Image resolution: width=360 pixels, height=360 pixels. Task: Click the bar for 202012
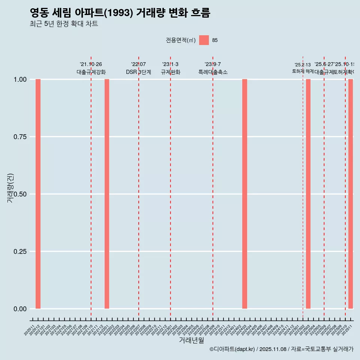[x=38, y=194]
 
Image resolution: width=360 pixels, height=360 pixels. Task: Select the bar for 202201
[x=107, y=194]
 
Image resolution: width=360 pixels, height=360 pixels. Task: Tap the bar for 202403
[x=244, y=194]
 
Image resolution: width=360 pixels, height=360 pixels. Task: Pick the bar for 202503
[x=308, y=194]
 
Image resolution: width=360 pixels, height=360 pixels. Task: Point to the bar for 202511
[x=351, y=194]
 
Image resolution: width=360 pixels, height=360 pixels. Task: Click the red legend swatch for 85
[x=204, y=40]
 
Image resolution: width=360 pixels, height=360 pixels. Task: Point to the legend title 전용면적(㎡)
[x=181, y=40]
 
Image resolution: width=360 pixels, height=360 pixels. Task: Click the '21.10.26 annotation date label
[x=91, y=64]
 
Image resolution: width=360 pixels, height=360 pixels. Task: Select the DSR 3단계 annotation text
[x=138, y=72]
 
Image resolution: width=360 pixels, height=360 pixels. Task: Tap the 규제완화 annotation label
[x=171, y=72]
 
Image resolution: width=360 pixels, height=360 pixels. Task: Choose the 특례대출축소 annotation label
[x=213, y=72]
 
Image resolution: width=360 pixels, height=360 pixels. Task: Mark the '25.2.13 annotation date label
[x=303, y=65]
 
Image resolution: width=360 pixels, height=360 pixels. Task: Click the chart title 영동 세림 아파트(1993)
[x=120, y=13]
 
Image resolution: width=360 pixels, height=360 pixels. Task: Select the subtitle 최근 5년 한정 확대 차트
[x=64, y=24]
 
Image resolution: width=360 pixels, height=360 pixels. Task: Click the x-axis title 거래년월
[x=192, y=340]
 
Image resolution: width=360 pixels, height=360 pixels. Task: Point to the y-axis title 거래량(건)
[x=10, y=188]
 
